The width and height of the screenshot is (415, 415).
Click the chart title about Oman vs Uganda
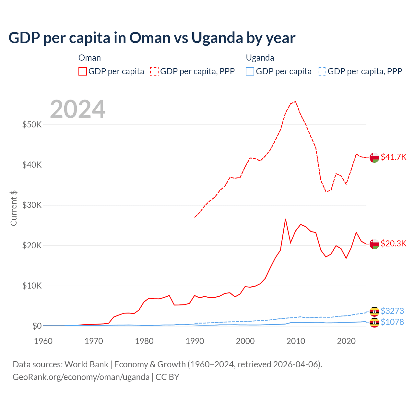[x=152, y=38]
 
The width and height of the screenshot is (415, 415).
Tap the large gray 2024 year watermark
[x=78, y=109]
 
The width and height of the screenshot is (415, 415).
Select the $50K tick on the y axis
[x=32, y=124]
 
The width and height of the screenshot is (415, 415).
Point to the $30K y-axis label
[x=32, y=205]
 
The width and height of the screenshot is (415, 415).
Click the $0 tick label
[x=37, y=326]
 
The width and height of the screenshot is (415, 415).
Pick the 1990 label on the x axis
[x=195, y=341]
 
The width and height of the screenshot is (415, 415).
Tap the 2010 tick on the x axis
[x=296, y=341]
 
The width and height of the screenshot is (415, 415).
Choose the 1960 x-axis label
[x=43, y=341]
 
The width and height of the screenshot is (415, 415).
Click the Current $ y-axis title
[x=14, y=208]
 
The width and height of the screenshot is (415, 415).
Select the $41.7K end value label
[x=393, y=157]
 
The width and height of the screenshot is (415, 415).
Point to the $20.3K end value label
[x=393, y=243]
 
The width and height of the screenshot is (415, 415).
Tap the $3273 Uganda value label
[x=392, y=311]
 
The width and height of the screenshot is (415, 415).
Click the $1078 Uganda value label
[x=392, y=322]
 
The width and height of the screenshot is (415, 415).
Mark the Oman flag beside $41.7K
[x=374, y=157]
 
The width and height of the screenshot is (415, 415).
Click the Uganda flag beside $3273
[x=374, y=311]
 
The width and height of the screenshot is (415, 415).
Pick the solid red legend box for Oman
[x=83, y=71]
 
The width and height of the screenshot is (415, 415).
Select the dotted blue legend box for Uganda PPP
[x=322, y=71]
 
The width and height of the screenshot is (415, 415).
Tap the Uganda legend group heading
[x=260, y=58]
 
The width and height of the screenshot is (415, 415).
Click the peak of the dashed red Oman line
[x=295, y=101]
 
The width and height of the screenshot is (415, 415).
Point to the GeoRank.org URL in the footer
[x=81, y=377]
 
